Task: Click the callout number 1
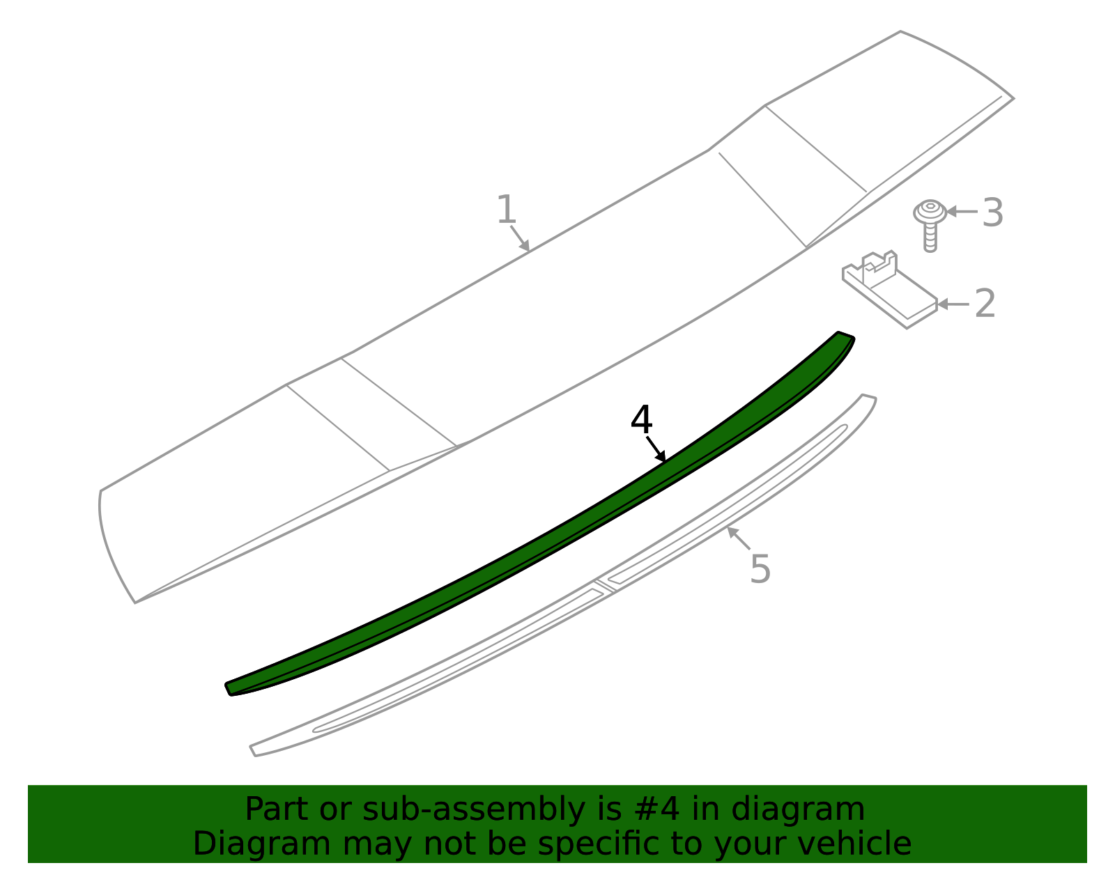pos(507,209)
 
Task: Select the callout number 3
pos(992,212)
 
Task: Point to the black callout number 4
pos(641,420)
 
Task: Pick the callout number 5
pos(760,568)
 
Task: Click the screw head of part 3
pos(930,211)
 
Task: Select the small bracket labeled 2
pos(890,290)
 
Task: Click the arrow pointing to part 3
pos(962,211)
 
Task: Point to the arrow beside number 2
pos(953,304)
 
